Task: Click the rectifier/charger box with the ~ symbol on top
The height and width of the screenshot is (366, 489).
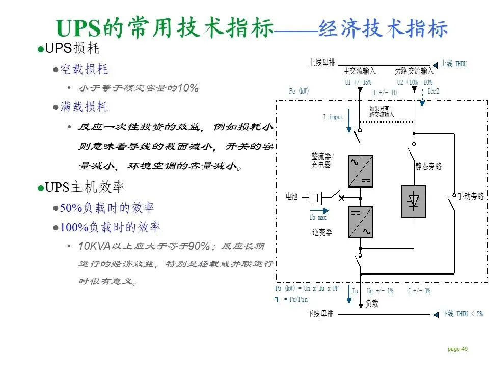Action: click(360, 171)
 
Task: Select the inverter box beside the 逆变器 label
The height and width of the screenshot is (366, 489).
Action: click(360, 222)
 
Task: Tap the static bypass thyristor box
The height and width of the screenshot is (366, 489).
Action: click(413, 201)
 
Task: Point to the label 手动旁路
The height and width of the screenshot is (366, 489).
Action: click(471, 196)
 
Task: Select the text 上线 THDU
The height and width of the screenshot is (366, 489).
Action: click(454, 64)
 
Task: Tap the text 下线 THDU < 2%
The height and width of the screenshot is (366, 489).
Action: click(461, 314)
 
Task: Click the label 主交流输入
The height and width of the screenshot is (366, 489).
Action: click(360, 71)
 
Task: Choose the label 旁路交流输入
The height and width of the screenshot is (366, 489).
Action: click(414, 71)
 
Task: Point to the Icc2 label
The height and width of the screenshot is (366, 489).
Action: click(433, 91)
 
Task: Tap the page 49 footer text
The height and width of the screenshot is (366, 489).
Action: click(457, 349)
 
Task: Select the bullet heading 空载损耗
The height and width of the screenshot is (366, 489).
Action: click(84, 69)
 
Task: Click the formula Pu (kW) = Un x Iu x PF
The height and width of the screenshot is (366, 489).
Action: click(307, 289)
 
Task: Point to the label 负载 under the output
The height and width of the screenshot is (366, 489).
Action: click(372, 303)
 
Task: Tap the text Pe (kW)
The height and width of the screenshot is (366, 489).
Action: click(299, 91)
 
